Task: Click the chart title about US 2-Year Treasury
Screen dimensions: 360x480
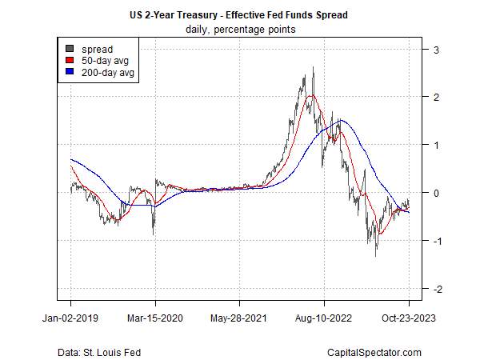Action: pos(239,15)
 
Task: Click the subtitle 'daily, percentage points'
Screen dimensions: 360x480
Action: pos(239,30)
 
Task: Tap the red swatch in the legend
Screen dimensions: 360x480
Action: pos(70,61)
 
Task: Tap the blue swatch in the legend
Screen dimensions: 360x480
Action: pos(70,73)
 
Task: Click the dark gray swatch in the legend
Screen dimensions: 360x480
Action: pos(70,49)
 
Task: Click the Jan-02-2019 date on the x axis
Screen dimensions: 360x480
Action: pos(70,318)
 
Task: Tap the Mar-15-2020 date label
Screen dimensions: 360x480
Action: pos(155,318)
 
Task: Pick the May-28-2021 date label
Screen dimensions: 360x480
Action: pos(240,318)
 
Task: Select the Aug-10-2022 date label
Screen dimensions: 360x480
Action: pos(324,318)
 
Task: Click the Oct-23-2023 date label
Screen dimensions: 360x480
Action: pos(409,318)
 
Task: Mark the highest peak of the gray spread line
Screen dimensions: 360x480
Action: pos(312,68)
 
